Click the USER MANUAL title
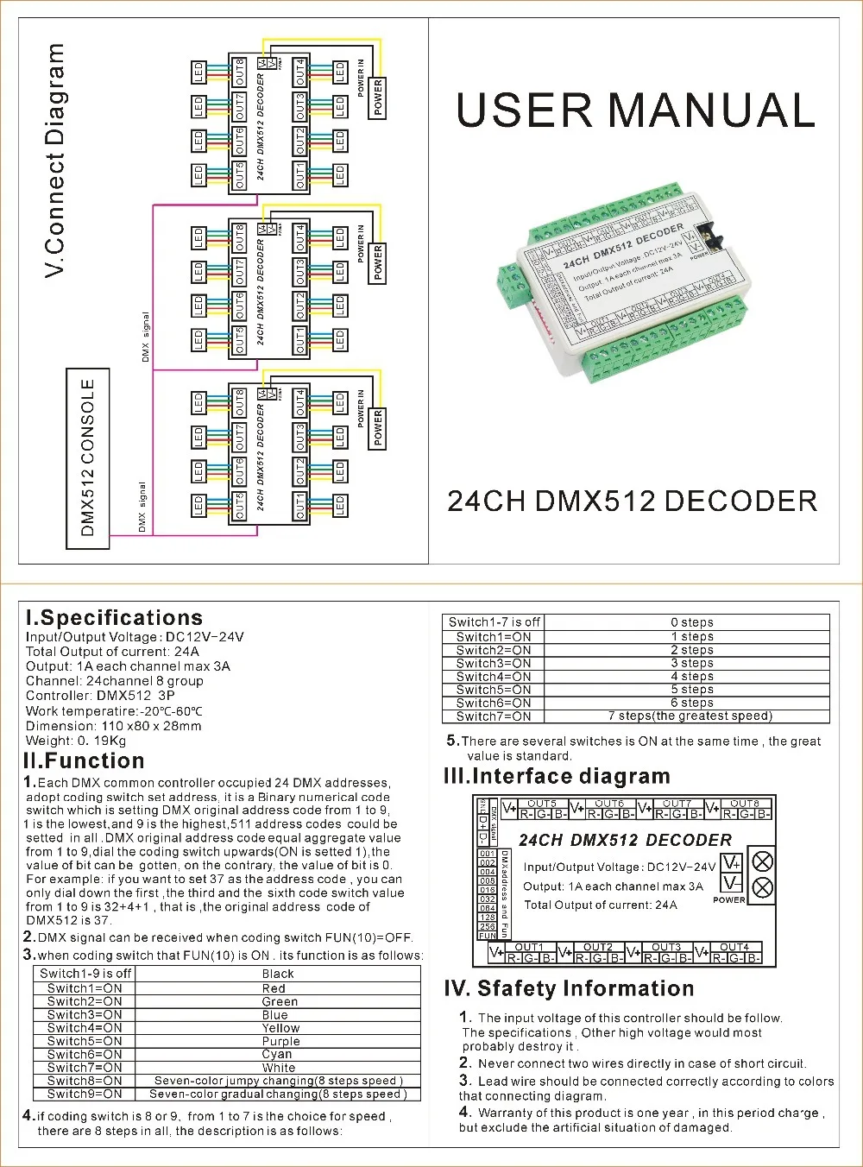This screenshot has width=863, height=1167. (635, 110)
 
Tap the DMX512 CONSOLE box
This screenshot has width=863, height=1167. (88, 458)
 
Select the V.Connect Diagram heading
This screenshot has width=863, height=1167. (55, 161)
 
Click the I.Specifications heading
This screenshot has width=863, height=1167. (114, 618)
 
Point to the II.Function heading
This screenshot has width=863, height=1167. (84, 760)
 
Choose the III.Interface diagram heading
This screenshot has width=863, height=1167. (557, 776)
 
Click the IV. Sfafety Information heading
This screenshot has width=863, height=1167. (569, 988)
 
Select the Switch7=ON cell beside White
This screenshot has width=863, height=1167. (85, 1068)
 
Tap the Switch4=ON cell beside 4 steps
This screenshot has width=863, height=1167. (494, 677)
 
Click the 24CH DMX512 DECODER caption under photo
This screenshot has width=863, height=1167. (632, 501)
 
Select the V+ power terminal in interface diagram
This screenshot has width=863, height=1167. (731, 862)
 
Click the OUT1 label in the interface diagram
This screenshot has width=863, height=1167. (529, 947)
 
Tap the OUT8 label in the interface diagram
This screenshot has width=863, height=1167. (745, 804)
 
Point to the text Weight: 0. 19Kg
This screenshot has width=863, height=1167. (76, 741)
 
